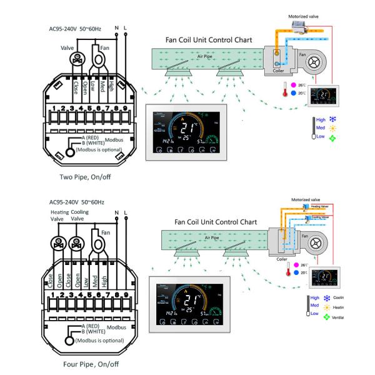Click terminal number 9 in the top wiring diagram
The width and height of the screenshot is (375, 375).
coord(125,109)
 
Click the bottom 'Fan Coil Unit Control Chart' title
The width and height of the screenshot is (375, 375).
coord(216,222)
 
